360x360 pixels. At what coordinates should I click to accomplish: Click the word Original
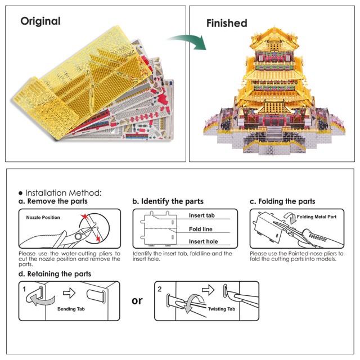[40, 21]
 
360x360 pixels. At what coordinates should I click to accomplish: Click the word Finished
[227, 23]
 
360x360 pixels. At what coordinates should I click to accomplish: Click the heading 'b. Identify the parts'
[168, 201]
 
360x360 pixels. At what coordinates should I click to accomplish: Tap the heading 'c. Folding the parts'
[282, 201]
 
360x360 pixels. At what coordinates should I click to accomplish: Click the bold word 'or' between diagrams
[137, 300]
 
